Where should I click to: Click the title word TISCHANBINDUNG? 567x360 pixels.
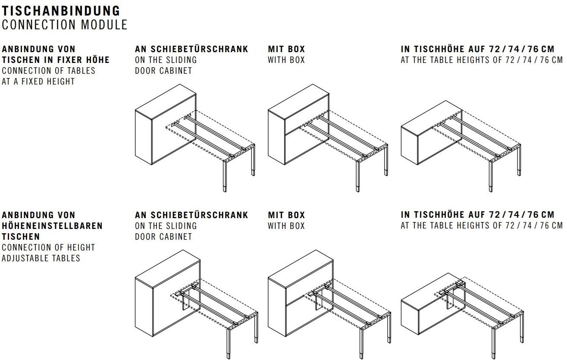[x=61, y=11]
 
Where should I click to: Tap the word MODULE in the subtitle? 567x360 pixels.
[x=104, y=25]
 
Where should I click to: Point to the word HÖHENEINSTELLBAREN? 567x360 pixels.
[x=52, y=226]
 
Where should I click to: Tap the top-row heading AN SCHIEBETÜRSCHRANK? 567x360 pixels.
[x=191, y=49]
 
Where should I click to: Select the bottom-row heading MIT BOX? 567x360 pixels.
[x=287, y=215]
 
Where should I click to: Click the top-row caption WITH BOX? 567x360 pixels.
[x=287, y=60]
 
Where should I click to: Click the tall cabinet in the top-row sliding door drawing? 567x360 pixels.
[x=166, y=125]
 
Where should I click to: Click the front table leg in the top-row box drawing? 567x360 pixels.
[x=357, y=176]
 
